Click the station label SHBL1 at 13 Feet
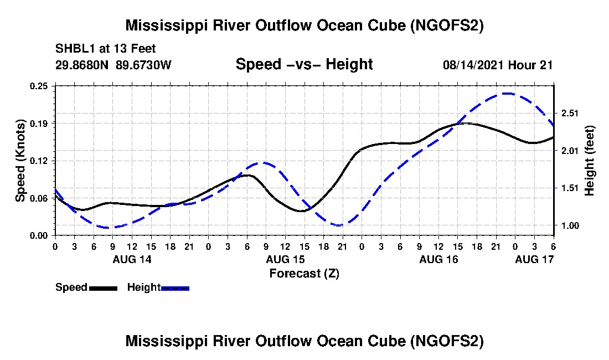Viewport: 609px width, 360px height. (x=106, y=48)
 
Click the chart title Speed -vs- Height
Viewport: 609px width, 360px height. (x=304, y=64)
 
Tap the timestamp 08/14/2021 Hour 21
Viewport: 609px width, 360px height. (x=498, y=65)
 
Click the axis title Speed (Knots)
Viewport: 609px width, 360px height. (x=20, y=160)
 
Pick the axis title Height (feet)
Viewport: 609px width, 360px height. (x=590, y=160)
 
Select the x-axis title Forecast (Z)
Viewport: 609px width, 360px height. (x=304, y=273)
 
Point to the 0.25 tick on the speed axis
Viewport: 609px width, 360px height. (x=40, y=86)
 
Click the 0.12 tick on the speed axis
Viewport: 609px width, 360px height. (x=40, y=161)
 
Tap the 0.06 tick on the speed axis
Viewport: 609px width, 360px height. (x=40, y=198)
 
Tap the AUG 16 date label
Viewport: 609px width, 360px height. (x=438, y=259)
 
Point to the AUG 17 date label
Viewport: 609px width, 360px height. (x=534, y=259)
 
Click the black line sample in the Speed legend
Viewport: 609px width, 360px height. (x=103, y=288)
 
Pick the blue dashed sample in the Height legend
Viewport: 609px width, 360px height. (x=175, y=288)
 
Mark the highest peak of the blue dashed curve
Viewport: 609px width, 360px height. (x=507, y=94)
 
